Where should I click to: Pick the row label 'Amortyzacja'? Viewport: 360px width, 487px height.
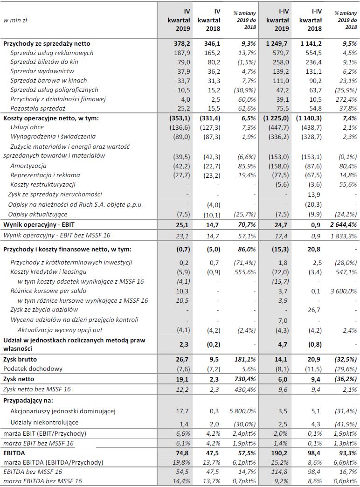(x=28, y=166)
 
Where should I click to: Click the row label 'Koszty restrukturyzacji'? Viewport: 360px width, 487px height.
(x=42, y=184)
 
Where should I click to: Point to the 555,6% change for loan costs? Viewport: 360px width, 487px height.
(x=244, y=271)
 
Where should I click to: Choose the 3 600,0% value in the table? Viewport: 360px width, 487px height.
(x=342, y=291)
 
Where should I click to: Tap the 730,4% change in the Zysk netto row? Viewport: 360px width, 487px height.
(x=244, y=379)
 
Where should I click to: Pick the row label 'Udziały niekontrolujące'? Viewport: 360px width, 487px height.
(x=43, y=422)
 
